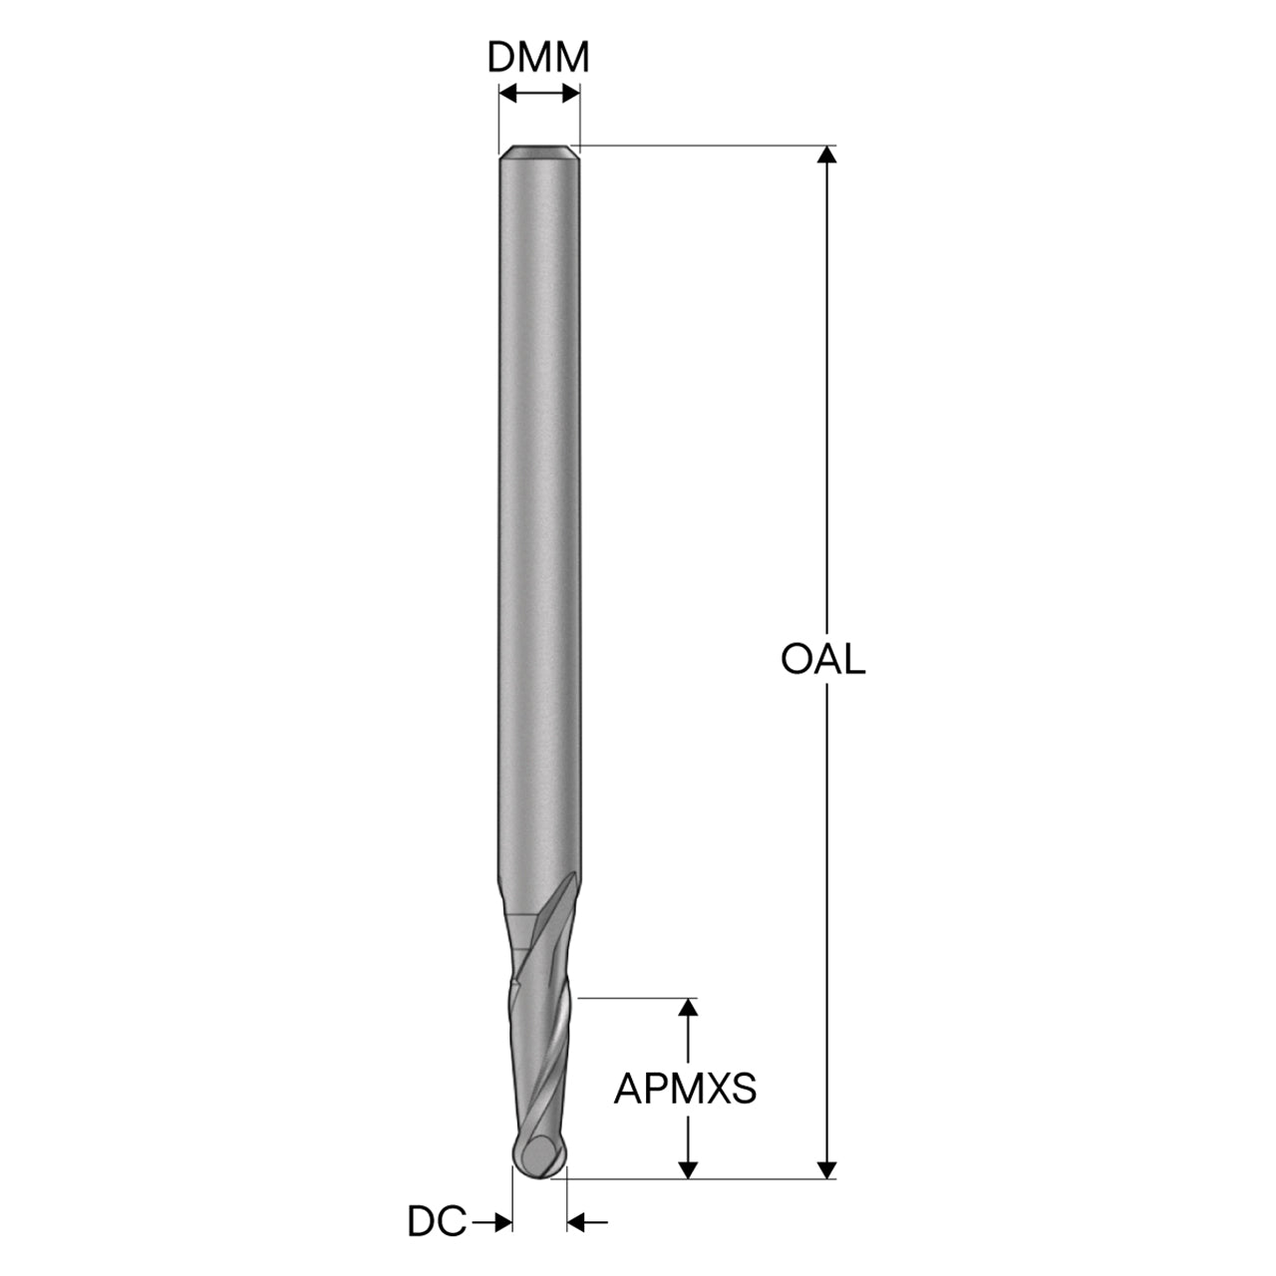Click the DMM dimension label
537,57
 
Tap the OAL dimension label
823,660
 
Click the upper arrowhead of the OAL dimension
826,154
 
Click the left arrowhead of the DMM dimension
507,94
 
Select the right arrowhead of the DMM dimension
571,94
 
